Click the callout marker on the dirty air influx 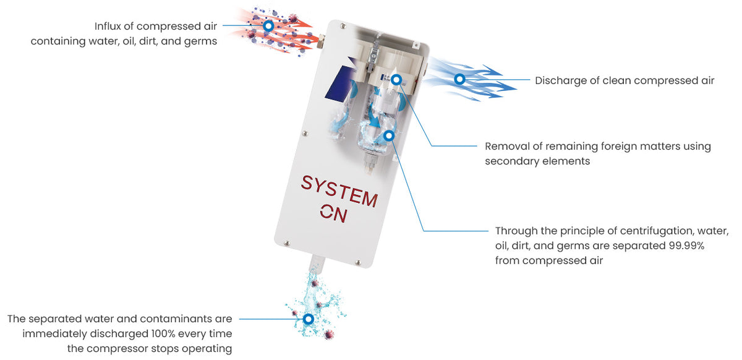point(268,27)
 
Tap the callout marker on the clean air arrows point(459,79)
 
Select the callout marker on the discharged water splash point(308,319)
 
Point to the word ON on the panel point(334,213)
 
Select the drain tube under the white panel point(314,263)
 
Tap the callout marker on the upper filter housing point(397,79)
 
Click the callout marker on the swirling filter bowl point(389,135)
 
